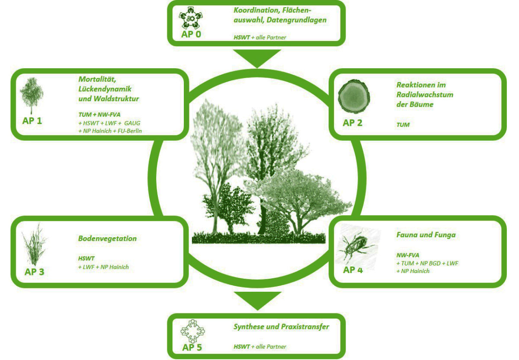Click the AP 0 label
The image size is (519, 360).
(x=191, y=34)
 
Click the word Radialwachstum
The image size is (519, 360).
(x=425, y=94)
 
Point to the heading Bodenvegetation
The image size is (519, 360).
(x=107, y=238)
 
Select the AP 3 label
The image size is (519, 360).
(x=34, y=272)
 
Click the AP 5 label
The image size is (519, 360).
(x=192, y=347)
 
